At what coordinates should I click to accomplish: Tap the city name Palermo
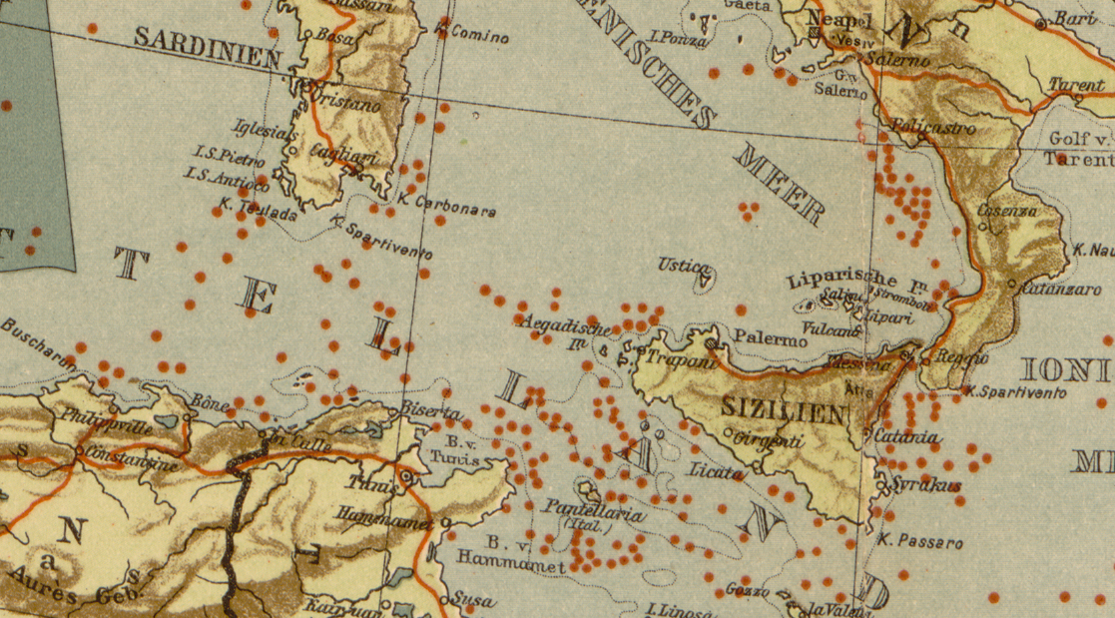(x=771, y=340)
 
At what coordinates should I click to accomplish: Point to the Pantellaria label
(x=594, y=511)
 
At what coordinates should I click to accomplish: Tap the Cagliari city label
(x=342, y=148)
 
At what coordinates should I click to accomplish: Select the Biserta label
(x=431, y=411)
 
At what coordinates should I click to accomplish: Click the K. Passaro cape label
(x=920, y=543)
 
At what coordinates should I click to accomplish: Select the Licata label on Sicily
(x=716, y=470)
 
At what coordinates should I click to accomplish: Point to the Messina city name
(x=859, y=366)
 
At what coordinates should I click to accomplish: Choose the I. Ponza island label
(x=679, y=40)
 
